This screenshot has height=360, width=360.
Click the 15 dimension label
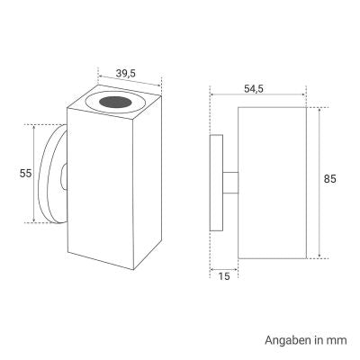223,276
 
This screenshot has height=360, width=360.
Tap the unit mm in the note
336,340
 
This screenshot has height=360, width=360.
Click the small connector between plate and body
230,182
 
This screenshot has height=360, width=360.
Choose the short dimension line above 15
223,266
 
